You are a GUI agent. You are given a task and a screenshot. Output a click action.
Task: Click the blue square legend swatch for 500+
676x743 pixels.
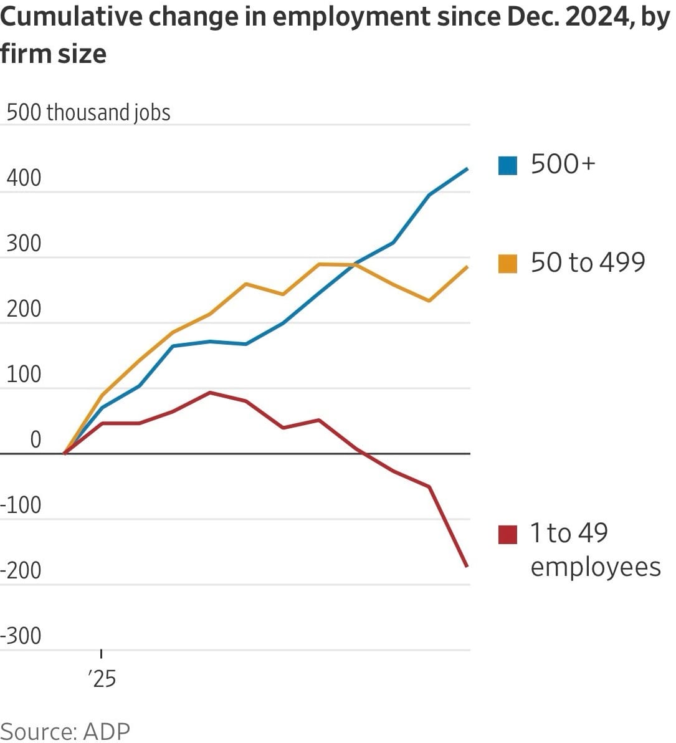pyautogui.click(x=508, y=166)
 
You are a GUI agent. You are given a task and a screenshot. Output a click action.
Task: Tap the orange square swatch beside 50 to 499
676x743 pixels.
pyautogui.click(x=508, y=264)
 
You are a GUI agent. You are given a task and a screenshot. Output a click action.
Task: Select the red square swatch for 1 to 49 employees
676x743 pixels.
pyautogui.click(x=508, y=534)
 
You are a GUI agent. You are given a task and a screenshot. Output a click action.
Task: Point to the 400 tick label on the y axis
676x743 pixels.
pyautogui.click(x=24, y=178)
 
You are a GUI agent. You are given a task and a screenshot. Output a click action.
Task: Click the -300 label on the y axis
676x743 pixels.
pyautogui.click(x=21, y=636)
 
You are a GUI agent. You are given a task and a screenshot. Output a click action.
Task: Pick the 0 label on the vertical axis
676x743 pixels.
pyautogui.click(x=36, y=440)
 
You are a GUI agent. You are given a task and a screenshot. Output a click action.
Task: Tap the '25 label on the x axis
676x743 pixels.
pyautogui.click(x=102, y=678)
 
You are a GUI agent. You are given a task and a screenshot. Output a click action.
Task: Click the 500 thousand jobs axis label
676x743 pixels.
pyautogui.click(x=88, y=113)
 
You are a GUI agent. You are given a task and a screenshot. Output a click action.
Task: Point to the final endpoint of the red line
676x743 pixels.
pyautogui.click(x=467, y=566)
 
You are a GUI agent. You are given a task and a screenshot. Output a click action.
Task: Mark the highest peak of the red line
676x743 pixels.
pyautogui.click(x=210, y=393)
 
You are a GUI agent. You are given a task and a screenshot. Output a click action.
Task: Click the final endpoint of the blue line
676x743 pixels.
pyautogui.click(x=468, y=168)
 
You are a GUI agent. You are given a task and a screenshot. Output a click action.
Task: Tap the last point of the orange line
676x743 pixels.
pyautogui.click(x=468, y=267)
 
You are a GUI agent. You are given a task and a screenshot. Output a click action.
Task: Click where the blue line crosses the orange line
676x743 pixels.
pyautogui.click(x=356, y=264)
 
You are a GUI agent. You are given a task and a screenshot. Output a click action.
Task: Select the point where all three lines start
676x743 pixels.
pyautogui.click(x=65, y=453)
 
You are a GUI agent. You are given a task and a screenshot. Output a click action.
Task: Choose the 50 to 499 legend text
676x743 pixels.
pyautogui.click(x=588, y=262)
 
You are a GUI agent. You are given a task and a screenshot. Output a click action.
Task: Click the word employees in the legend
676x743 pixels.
pyautogui.click(x=595, y=567)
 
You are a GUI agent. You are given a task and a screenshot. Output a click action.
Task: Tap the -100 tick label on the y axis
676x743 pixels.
pyautogui.click(x=21, y=505)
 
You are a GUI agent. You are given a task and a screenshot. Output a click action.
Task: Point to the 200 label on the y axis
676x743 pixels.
pyautogui.click(x=24, y=309)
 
